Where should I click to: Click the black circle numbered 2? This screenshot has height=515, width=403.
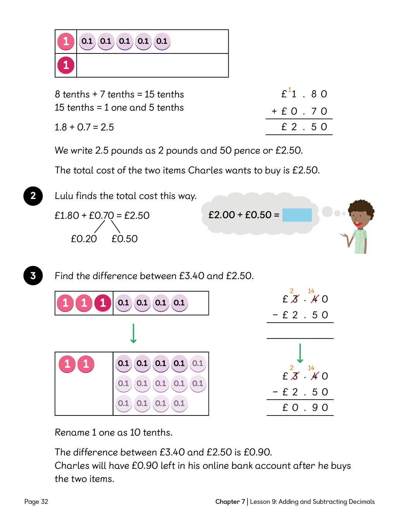point(33,196)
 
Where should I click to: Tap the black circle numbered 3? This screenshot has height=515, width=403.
point(33,276)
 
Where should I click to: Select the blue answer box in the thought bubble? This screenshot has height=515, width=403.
point(297,215)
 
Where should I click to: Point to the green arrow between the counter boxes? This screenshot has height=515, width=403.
point(133,333)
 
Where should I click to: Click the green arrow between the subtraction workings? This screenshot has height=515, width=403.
point(300,353)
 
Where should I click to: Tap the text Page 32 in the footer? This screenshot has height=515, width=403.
point(36,501)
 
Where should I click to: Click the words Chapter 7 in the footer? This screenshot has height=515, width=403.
point(230,501)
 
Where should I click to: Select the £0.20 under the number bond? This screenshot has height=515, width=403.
point(84,239)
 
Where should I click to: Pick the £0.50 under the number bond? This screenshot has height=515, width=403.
point(124,239)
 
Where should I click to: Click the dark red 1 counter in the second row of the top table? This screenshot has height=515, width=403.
point(66,65)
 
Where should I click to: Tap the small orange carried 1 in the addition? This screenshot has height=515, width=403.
point(289,90)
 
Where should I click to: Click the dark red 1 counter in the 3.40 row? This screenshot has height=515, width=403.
point(103,303)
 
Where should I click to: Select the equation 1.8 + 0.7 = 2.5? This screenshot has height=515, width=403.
point(84,127)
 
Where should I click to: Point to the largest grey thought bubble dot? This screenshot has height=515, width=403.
point(327,211)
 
